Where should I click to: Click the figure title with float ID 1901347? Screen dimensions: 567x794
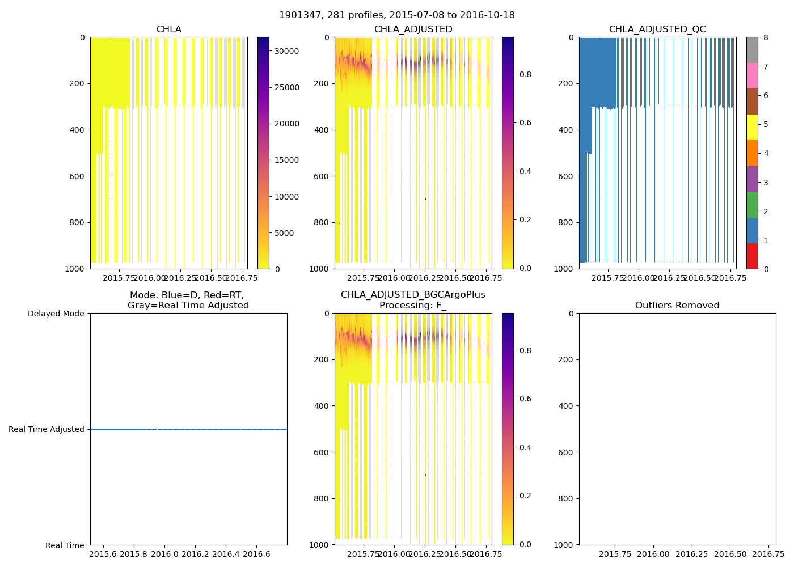click(x=396, y=15)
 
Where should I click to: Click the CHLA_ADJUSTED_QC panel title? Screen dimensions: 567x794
click(x=657, y=29)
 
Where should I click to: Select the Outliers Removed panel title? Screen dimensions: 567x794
click(x=677, y=306)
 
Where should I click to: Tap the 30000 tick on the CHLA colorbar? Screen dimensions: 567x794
click(x=286, y=51)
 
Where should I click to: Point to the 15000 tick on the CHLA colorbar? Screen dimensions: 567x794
click(x=286, y=160)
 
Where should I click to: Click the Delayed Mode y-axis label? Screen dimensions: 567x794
click(x=56, y=314)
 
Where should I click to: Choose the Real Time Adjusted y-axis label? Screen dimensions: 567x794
click(x=47, y=430)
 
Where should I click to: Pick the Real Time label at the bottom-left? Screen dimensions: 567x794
click(x=65, y=545)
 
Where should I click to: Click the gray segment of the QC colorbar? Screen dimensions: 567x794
click(x=752, y=50)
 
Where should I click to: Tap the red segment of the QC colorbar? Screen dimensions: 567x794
click(x=752, y=256)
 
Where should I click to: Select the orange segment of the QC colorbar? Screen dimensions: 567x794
click(x=752, y=153)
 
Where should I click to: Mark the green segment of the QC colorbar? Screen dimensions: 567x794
click(x=752, y=205)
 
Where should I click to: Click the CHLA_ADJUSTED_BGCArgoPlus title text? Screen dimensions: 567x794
click(x=413, y=295)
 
